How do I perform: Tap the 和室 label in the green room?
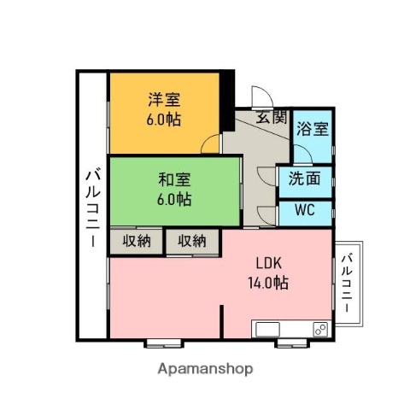point(174,180)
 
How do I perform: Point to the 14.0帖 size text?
point(268,284)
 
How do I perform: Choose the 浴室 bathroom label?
point(312,129)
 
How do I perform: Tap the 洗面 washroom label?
point(304,179)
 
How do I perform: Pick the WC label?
point(305,210)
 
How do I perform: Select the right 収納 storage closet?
point(191,241)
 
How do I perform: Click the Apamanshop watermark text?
point(205,369)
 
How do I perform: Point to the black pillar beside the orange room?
point(227,101)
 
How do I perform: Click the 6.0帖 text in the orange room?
point(161,120)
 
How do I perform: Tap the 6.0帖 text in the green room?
point(174,200)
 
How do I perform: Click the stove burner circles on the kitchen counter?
point(321,328)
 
